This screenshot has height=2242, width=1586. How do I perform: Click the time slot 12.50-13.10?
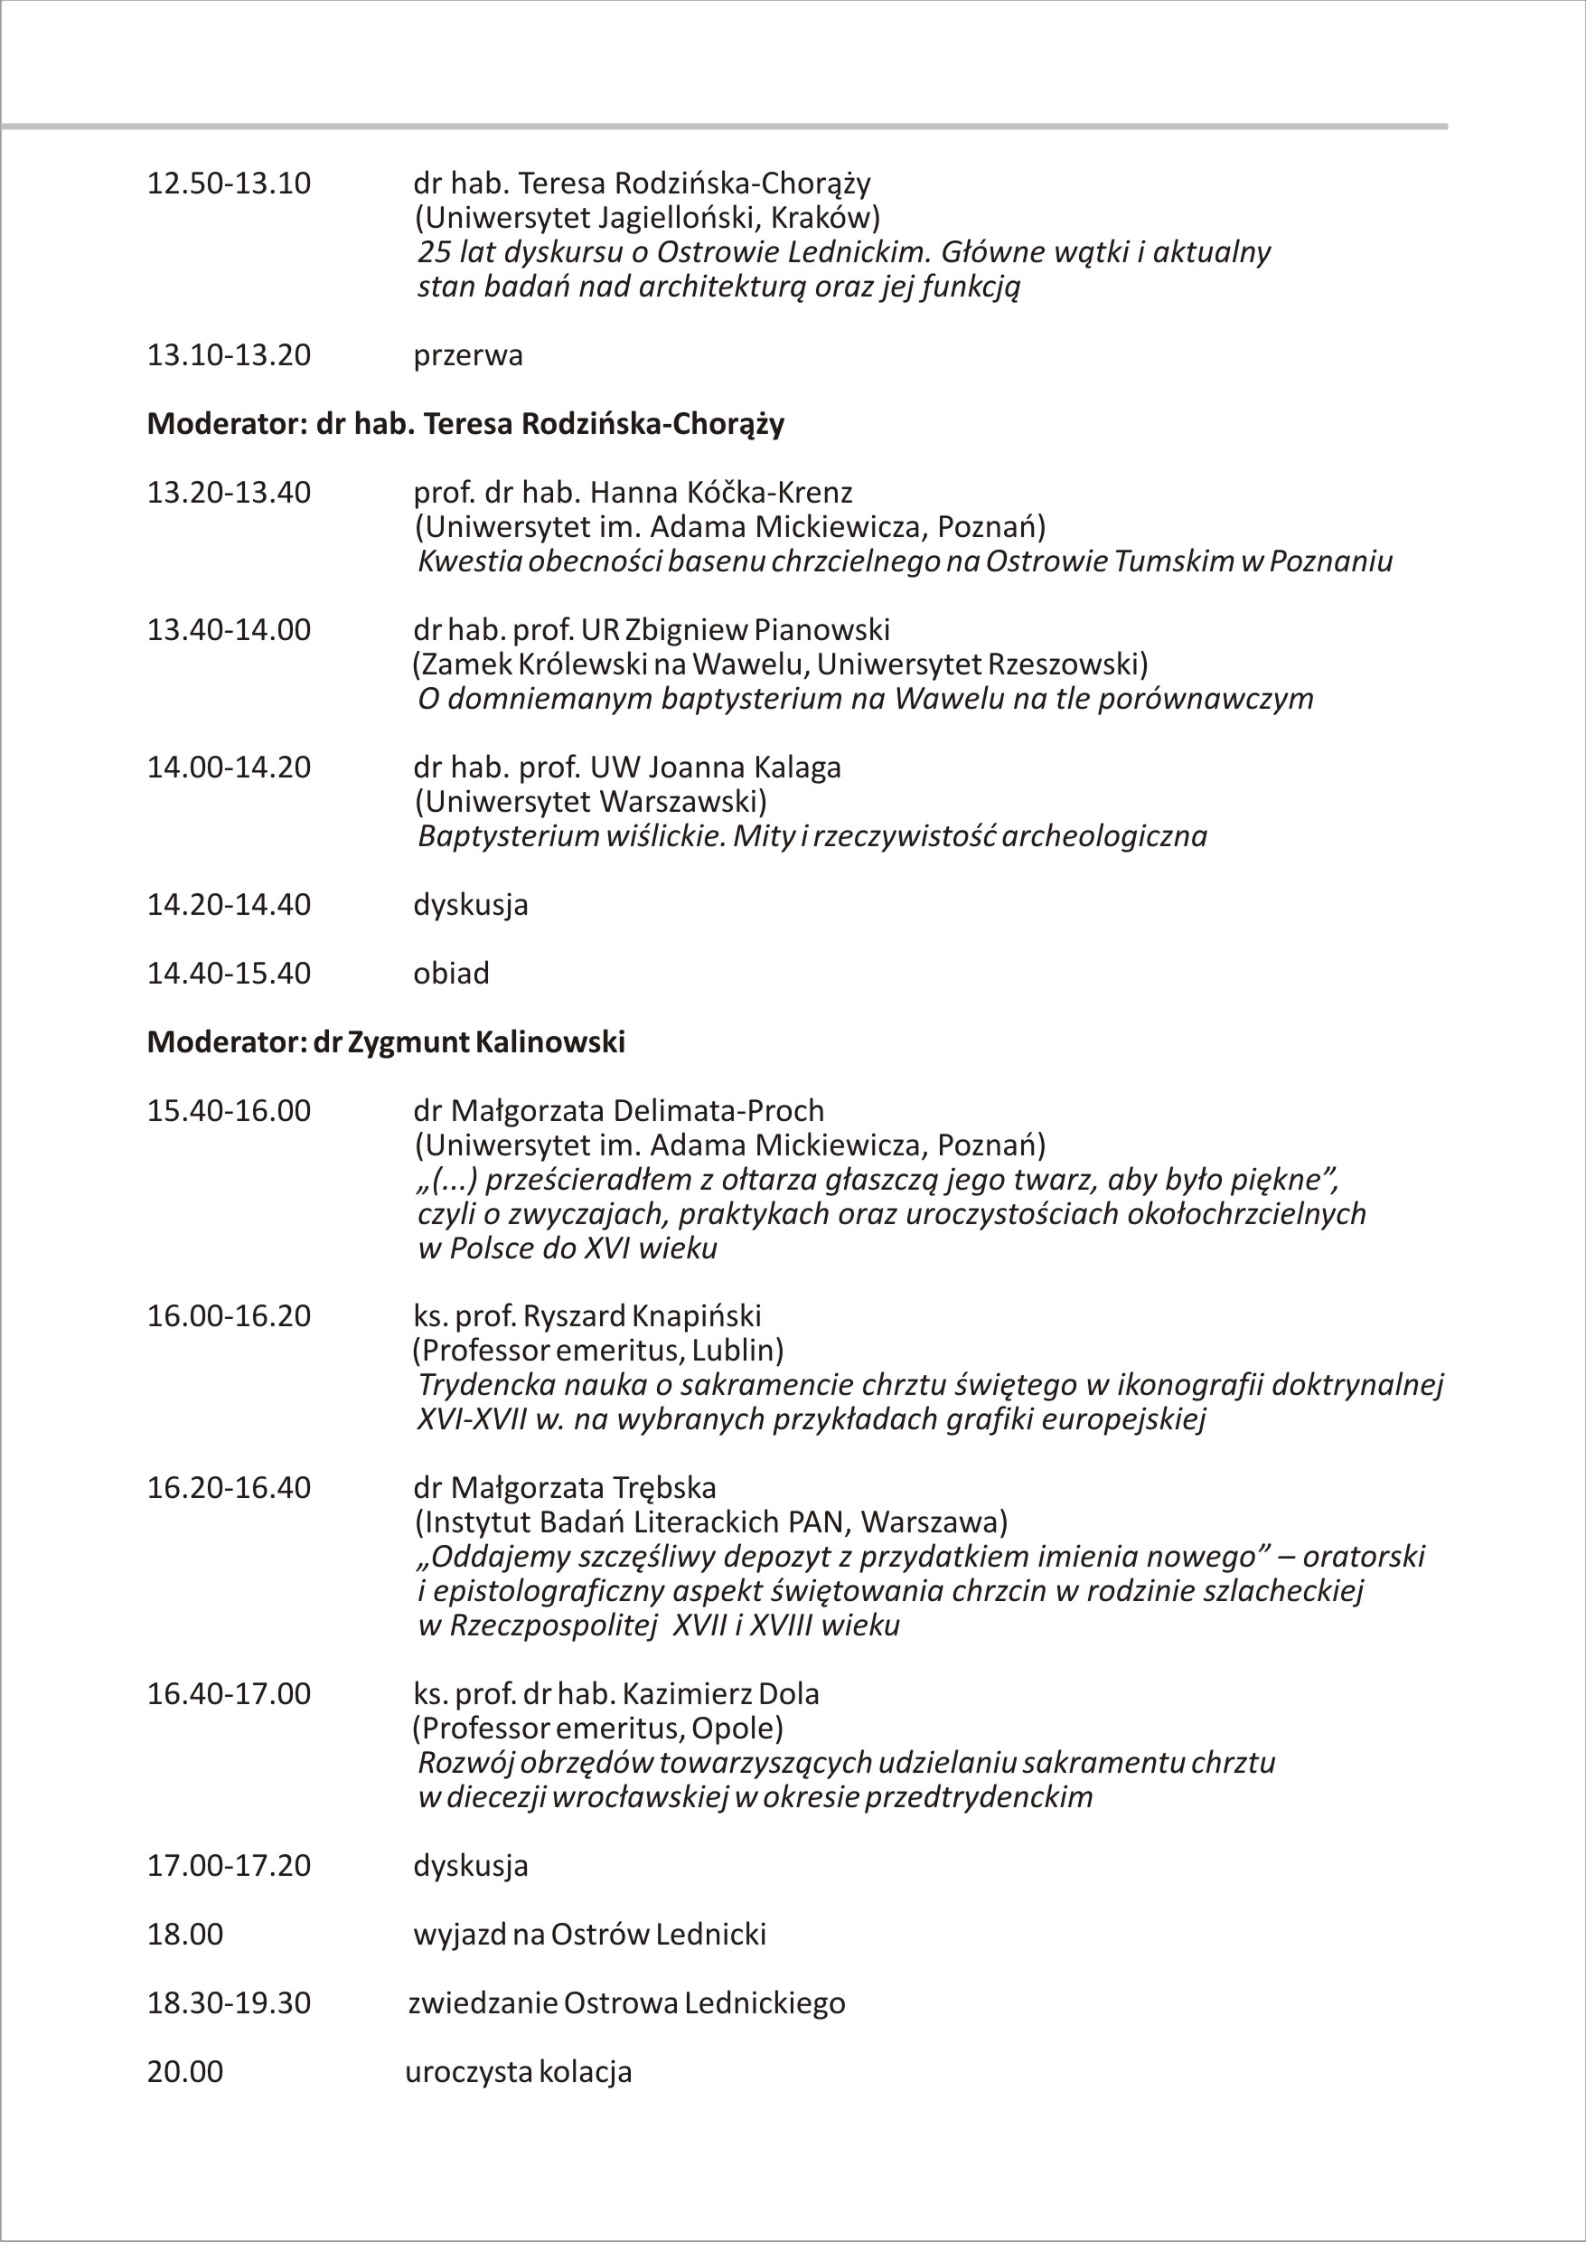229,184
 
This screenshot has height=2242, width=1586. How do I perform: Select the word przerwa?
468,355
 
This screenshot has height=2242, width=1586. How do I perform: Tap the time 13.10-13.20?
229,355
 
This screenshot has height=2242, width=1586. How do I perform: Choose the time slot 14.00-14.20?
229,768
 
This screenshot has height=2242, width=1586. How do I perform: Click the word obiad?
451,974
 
